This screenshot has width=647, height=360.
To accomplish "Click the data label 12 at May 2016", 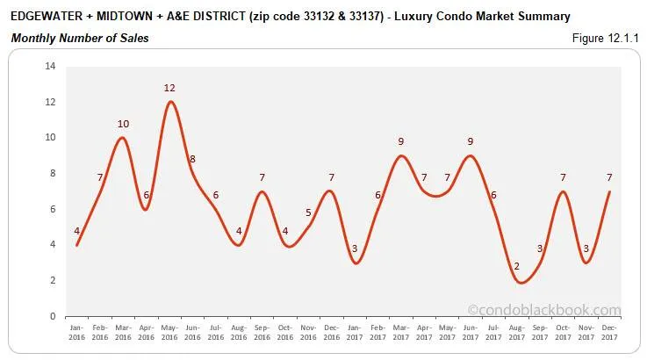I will click(x=169, y=88).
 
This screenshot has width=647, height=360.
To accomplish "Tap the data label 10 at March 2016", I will click(x=124, y=124).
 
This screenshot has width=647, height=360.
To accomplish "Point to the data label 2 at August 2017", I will click(x=492, y=266).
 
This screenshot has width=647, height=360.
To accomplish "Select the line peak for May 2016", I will click(x=170, y=102).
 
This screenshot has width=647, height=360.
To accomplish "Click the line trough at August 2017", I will click(x=496, y=282).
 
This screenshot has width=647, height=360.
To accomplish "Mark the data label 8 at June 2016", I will click(x=192, y=159).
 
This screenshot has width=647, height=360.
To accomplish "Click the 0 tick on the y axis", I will click(x=53, y=316).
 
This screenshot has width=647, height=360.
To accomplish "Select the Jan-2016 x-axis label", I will click(x=77, y=331).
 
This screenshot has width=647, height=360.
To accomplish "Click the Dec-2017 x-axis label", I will click(x=608, y=331).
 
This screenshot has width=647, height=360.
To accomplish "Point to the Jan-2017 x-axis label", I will click(x=355, y=331).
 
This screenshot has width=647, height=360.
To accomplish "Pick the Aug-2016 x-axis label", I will click(x=239, y=331).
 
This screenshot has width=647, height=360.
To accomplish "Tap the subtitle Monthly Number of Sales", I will click(x=80, y=38).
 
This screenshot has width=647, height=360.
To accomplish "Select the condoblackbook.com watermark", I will click(x=543, y=309).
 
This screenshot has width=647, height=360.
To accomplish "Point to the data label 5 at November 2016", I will click(x=308, y=212).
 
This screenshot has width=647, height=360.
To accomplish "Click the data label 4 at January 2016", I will click(x=77, y=231).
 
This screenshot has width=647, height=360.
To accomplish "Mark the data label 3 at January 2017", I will click(x=355, y=248).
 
